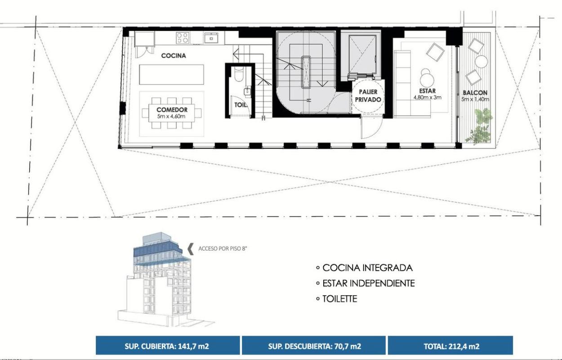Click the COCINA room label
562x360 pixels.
174,55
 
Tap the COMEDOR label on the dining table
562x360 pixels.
172,110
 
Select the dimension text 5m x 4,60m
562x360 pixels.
172,117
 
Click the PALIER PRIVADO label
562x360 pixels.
368,96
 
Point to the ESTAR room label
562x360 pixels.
427,90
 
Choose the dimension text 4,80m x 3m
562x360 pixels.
427,97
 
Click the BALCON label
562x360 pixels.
475,93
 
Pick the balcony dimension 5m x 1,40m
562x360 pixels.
475,99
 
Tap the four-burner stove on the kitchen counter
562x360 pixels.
183,38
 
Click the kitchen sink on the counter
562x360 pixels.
211,38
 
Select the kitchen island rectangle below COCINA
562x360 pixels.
172,75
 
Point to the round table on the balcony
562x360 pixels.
481,62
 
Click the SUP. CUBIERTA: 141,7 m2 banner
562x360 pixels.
168,346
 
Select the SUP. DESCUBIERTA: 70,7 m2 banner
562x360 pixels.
314,346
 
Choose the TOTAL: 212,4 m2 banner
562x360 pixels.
450,346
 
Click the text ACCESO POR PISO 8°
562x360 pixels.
223,248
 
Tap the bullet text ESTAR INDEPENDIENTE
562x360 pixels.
368,283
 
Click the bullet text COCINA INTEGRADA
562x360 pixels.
368,268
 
